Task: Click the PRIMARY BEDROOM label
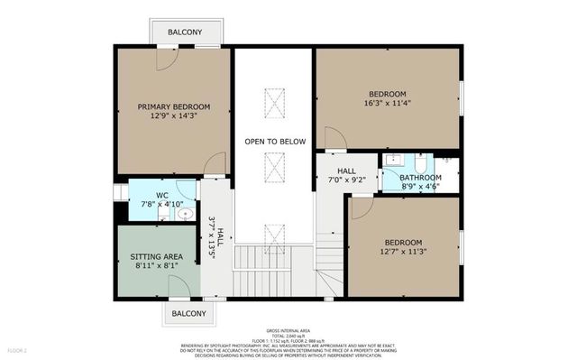(x=173, y=106)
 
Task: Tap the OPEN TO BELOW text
(x=275, y=142)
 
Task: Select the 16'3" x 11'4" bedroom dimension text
(x=388, y=105)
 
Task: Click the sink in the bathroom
(x=393, y=162)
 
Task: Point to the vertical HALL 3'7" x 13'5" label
(x=213, y=236)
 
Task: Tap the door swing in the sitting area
(x=179, y=286)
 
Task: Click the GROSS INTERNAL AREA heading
(x=288, y=331)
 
